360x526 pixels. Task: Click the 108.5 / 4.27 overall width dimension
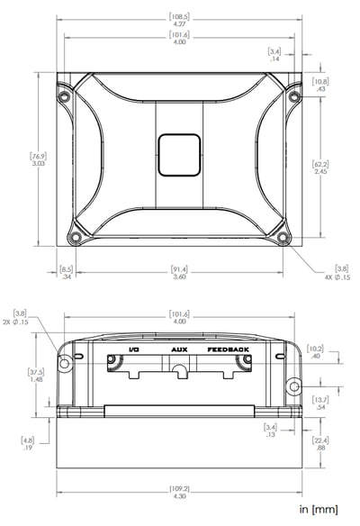coord(178,19)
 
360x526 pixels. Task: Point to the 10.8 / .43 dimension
coord(319,85)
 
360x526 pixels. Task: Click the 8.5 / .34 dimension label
coord(66,272)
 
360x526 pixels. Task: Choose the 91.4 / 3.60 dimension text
coord(179,272)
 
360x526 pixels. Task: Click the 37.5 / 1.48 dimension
coord(35,375)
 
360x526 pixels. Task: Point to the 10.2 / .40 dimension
coord(316,351)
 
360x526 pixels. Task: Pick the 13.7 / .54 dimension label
coord(319,404)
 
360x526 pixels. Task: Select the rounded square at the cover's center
coord(178,156)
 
